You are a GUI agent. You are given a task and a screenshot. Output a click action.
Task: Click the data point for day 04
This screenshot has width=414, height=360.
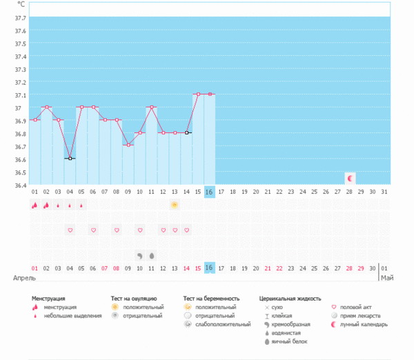70,159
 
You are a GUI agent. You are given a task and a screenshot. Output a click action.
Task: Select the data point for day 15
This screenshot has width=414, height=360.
198,94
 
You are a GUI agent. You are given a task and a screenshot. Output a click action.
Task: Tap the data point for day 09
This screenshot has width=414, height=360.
128,145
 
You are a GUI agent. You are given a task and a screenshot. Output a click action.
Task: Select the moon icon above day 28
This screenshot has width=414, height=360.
350,178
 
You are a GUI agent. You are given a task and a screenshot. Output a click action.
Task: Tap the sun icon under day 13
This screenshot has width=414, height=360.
175,205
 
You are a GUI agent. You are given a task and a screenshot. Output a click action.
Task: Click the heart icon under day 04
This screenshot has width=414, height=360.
70,230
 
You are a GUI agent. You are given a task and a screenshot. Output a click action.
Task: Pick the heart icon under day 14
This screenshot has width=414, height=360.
186,230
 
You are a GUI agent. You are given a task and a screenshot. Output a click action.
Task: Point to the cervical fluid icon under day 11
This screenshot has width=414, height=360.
151,255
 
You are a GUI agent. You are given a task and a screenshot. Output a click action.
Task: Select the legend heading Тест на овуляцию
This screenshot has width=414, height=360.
139,299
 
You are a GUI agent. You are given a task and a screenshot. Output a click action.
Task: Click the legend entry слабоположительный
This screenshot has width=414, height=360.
222,323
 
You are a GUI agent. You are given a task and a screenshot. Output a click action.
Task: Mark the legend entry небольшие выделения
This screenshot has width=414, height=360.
70,315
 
